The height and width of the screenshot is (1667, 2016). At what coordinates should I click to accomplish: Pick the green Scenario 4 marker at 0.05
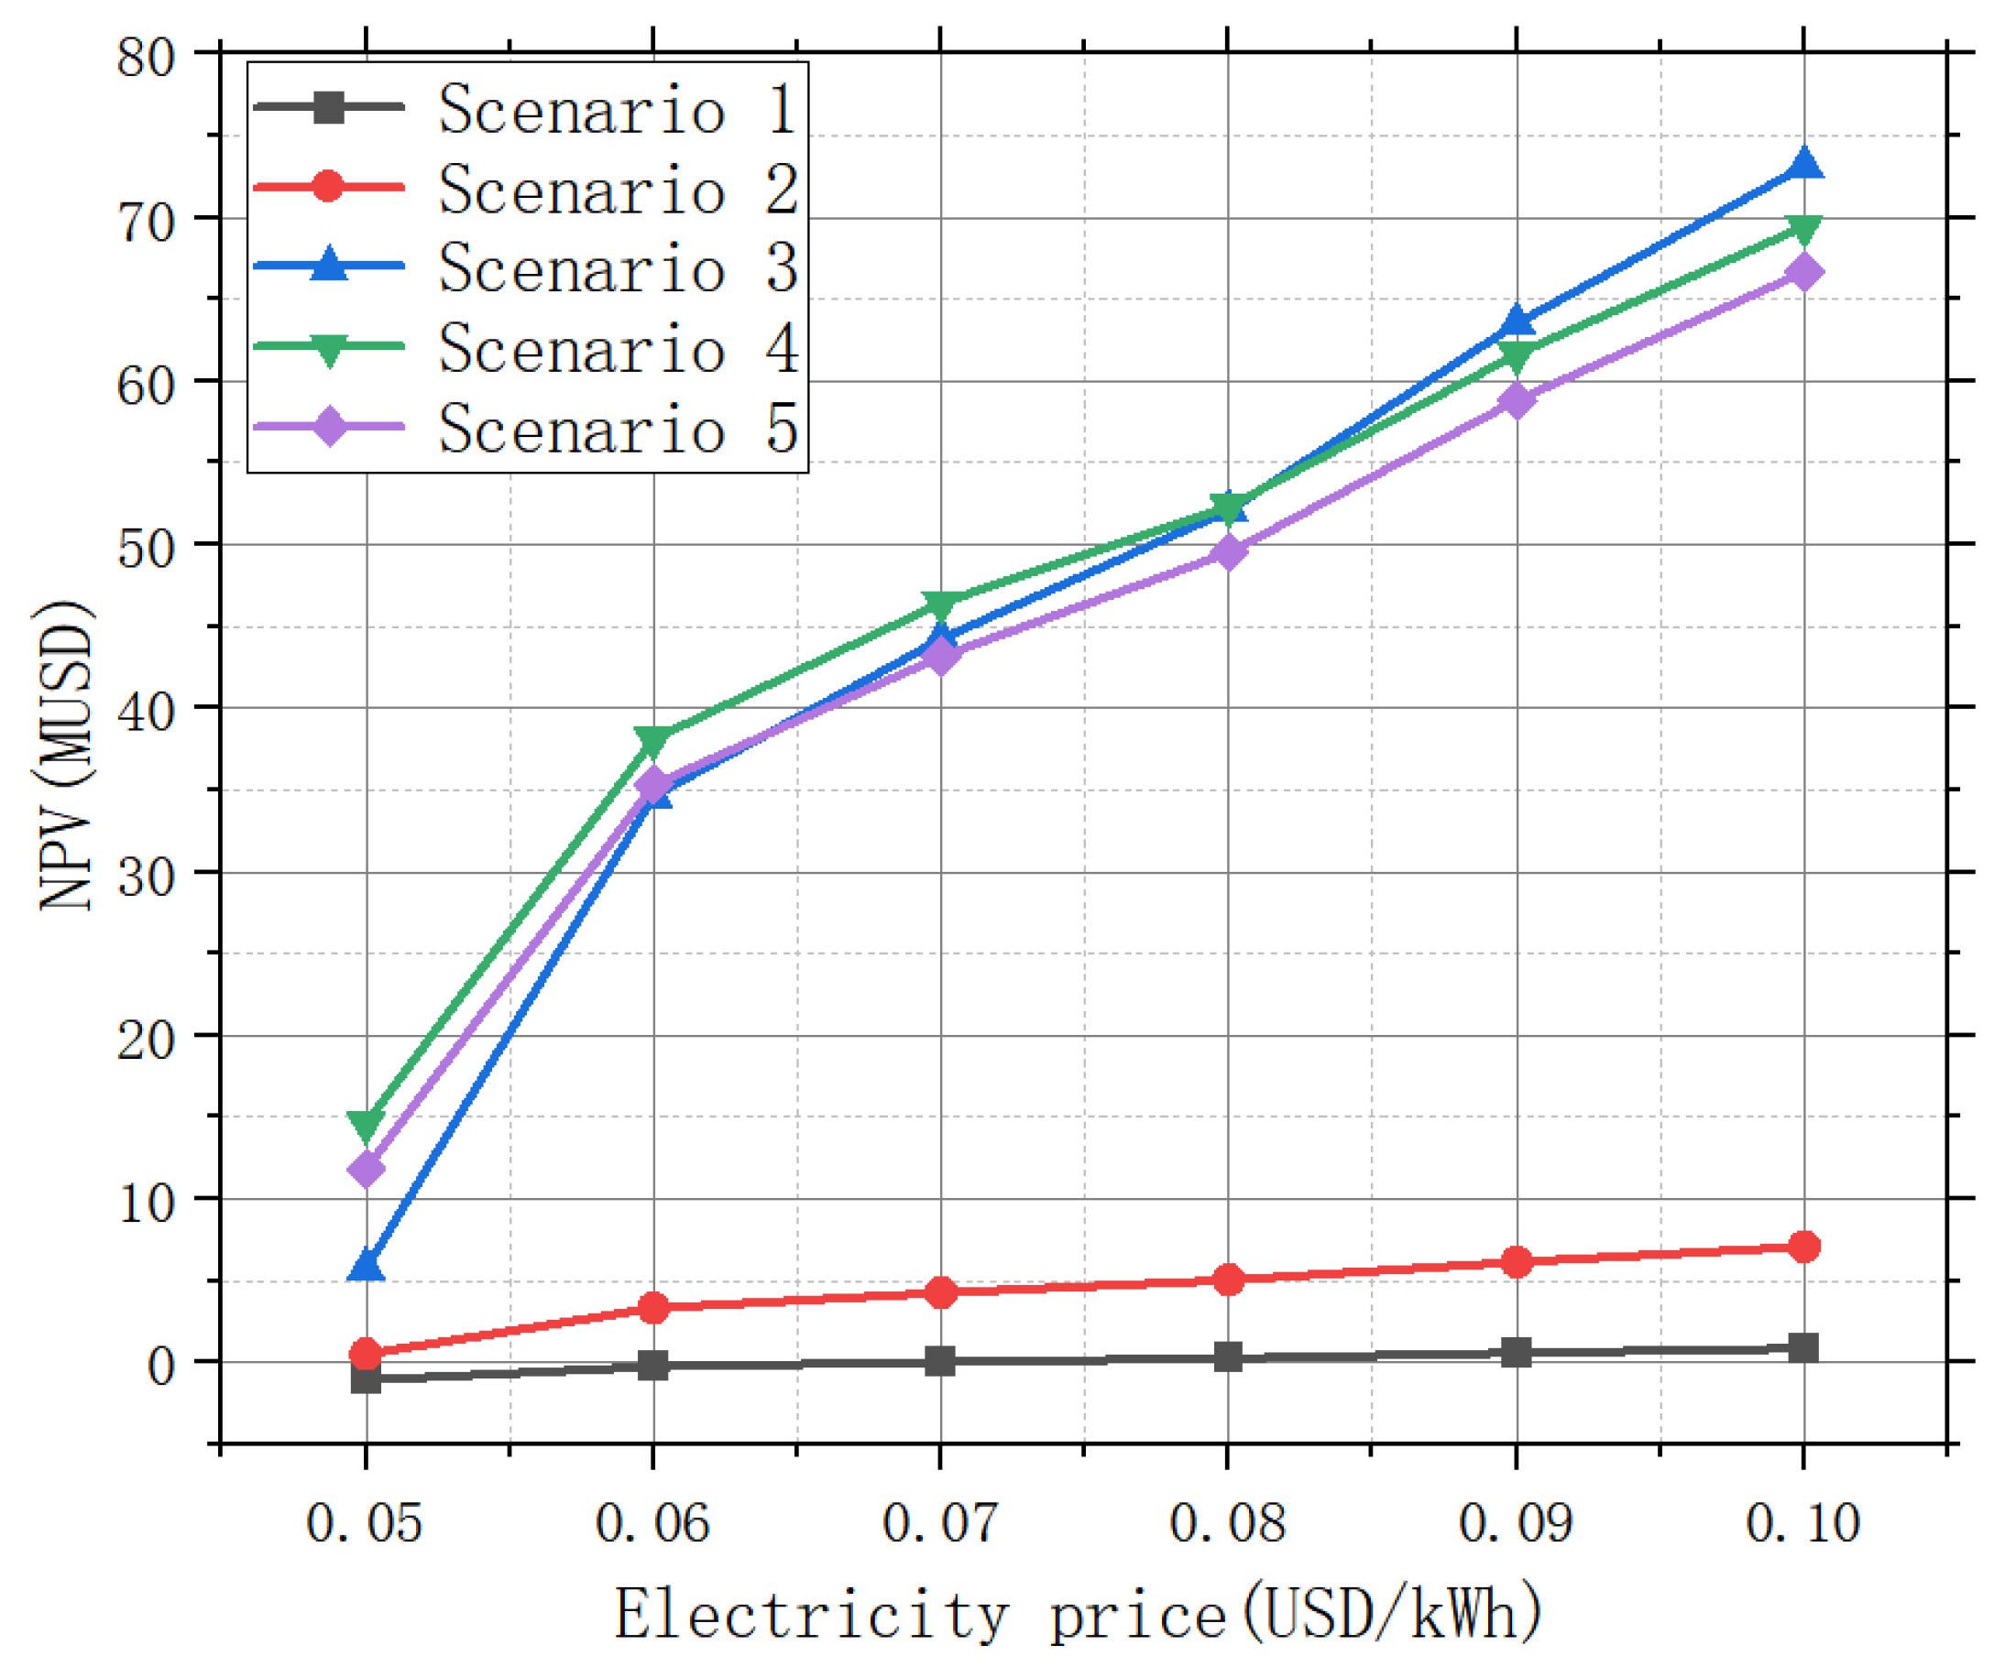click(x=366, y=1124)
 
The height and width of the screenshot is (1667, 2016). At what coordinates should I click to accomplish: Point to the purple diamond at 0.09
click(x=1516, y=400)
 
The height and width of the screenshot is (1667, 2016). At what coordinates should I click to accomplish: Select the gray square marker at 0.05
click(x=366, y=1379)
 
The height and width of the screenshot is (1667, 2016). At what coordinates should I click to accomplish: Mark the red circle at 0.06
click(x=653, y=1307)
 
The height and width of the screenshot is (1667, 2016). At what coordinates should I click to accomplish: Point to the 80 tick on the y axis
click(x=146, y=58)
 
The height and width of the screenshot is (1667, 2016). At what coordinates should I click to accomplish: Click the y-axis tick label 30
click(x=146, y=877)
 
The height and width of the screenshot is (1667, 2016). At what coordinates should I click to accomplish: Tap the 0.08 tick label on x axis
click(x=1227, y=1523)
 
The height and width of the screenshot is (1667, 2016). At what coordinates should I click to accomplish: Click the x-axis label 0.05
click(x=364, y=1523)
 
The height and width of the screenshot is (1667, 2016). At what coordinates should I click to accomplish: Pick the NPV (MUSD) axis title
click(x=65, y=756)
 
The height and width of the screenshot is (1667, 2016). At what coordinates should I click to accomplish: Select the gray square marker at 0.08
click(x=1227, y=1356)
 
